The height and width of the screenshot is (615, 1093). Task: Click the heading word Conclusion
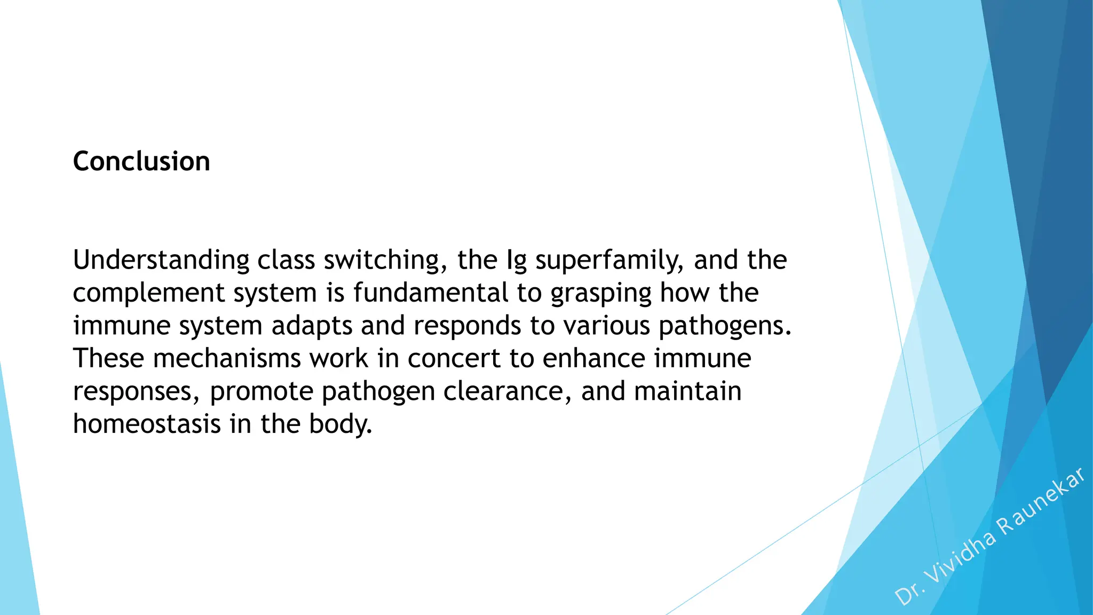pyautogui.click(x=141, y=161)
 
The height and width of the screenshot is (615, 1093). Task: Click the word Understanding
pyautogui.click(x=161, y=261)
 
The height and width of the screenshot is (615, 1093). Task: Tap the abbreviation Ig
pyautogui.click(x=516, y=261)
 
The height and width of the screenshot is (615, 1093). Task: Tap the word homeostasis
pyautogui.click(x=147, y=424)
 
